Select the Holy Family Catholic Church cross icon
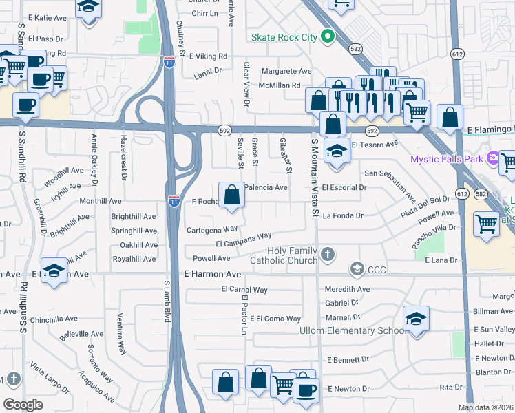[x=328, y=254]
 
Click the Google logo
[x=23, y=404]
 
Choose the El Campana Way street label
[x=243, y=244]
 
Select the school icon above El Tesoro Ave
[x=335, y=151]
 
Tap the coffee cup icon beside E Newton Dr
[x=306, y=390]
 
